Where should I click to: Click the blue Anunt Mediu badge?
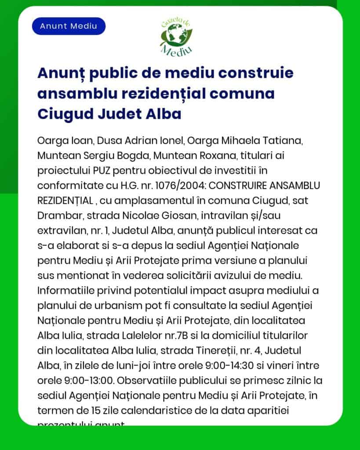pyautogui.click(x=68, y=26)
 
